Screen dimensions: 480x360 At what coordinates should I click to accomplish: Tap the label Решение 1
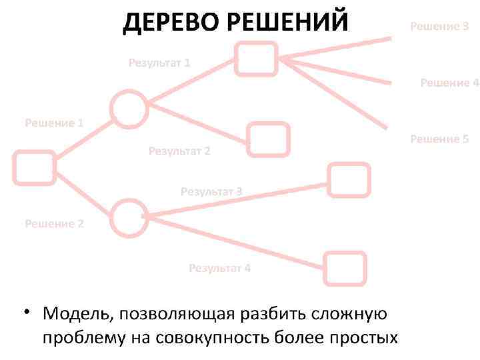54,123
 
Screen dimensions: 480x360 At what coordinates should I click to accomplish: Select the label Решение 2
54,223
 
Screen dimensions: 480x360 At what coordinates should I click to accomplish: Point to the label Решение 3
439,27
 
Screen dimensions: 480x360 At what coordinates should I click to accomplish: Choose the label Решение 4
449,83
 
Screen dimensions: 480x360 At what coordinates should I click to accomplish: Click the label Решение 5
439,139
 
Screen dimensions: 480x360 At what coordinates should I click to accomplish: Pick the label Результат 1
159,63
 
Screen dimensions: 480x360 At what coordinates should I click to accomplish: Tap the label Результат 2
179,151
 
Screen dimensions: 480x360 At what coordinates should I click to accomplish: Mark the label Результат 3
211,191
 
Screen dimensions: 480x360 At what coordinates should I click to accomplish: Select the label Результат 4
219,268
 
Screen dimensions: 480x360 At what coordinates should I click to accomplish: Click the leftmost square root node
33,167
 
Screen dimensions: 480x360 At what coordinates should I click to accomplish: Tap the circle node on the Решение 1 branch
128,109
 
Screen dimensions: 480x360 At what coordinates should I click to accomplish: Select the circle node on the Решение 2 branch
128,217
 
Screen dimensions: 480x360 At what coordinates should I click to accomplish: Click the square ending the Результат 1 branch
257,58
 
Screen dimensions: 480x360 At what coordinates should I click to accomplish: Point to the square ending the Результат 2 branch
269,139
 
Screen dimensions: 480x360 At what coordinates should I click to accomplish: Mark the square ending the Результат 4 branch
345,269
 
